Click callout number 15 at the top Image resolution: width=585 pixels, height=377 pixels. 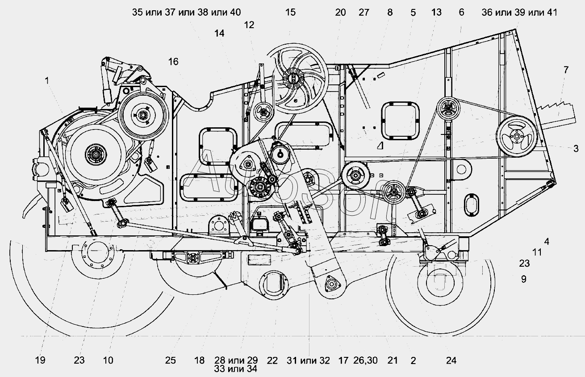coord(290,13)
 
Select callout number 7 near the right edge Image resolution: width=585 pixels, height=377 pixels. coord(566,70)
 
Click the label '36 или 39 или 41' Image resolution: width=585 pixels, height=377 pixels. coord(519,13)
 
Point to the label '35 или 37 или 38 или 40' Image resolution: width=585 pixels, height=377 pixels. coord(186,13)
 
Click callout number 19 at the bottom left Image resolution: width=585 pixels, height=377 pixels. coord(40,360)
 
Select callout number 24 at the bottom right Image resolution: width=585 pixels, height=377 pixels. coord(451,360)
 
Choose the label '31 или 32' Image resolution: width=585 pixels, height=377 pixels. coord(308,360)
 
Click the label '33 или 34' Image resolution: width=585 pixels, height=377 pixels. coord(235,369)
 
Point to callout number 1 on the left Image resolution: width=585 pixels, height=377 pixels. coord(47,81)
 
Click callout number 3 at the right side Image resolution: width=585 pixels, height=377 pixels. coord(576,149)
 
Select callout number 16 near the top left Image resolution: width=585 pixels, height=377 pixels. coord(173,61)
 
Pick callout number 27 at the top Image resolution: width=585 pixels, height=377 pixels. coord(364,13)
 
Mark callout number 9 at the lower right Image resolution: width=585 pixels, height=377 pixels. coord(523,279)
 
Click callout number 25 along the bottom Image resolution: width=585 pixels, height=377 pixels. coord(170,360)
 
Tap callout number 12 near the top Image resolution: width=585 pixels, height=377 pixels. coord(249,25)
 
